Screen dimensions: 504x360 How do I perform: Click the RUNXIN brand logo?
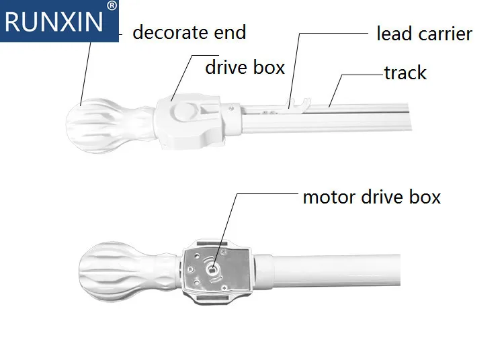click(x=59, y=21)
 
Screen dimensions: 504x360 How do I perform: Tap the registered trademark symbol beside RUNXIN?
click(x=112, y=5)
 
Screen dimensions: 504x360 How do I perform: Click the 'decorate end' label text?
click(x=190, y=32)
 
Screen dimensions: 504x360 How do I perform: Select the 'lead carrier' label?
click(x=424, y=34)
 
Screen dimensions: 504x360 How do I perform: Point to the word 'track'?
click(x=405, y=73)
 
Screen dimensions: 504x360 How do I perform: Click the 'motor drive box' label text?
click(x=372, y=197)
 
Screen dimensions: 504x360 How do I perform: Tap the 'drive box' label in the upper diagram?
click(x=245, y=67)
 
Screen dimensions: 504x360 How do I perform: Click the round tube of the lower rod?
click(x=337, y=270)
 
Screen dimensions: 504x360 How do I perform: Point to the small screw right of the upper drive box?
click(x=232, y=109)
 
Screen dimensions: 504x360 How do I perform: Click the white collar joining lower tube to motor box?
click(x=263, y=271)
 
